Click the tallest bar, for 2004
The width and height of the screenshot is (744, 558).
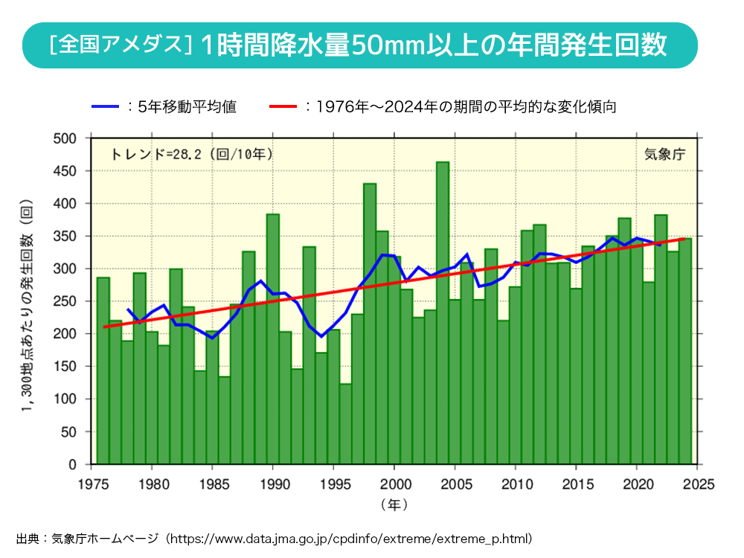tap(442, 312)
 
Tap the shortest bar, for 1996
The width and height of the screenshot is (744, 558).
tap(345, 424)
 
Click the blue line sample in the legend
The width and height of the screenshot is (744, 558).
tap(105, 107)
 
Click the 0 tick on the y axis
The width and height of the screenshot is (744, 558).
tap(73, 464)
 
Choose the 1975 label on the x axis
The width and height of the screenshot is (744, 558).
tap(91, 484)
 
